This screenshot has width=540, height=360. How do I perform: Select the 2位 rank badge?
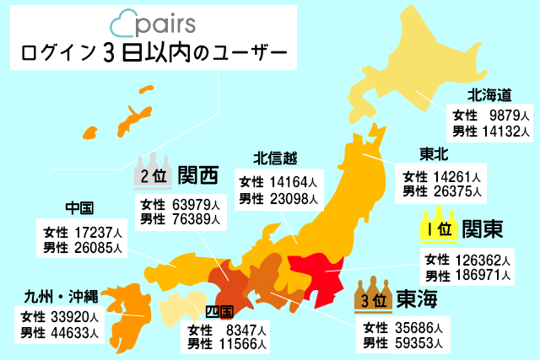(x=154, y=174)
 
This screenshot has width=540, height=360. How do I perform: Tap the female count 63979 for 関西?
(x=195, y=205)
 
